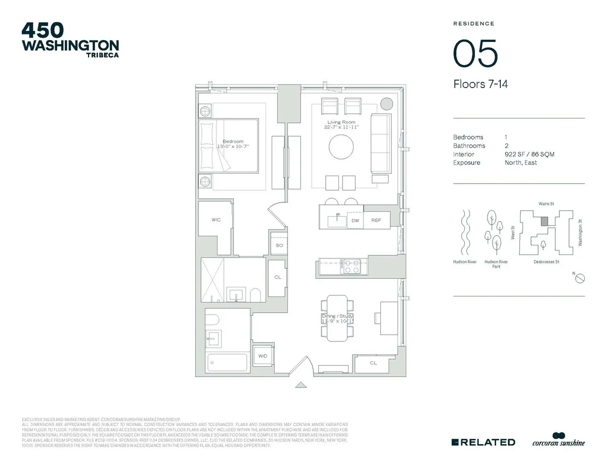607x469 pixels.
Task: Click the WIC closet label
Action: click(215, 220)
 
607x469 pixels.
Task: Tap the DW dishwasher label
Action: click(356, 221)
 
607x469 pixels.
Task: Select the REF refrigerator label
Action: click(376, 221)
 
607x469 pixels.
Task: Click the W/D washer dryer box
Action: click(263, 356)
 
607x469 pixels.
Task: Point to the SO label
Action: click(279, 245)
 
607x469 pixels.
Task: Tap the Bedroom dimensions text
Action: click(233, 146)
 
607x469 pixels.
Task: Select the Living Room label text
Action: click(341, 122)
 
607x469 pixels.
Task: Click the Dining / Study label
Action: click(337, 316)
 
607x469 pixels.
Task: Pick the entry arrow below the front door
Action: click(301, 386)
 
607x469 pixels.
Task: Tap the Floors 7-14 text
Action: click(480, 84)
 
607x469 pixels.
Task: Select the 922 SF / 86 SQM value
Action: click(529, 154)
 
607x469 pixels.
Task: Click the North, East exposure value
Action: click(521, 163)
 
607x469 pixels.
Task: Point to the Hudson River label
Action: click(464, 262)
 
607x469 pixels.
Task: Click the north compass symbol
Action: click(580, 277)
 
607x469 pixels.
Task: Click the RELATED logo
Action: click(483, 442)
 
